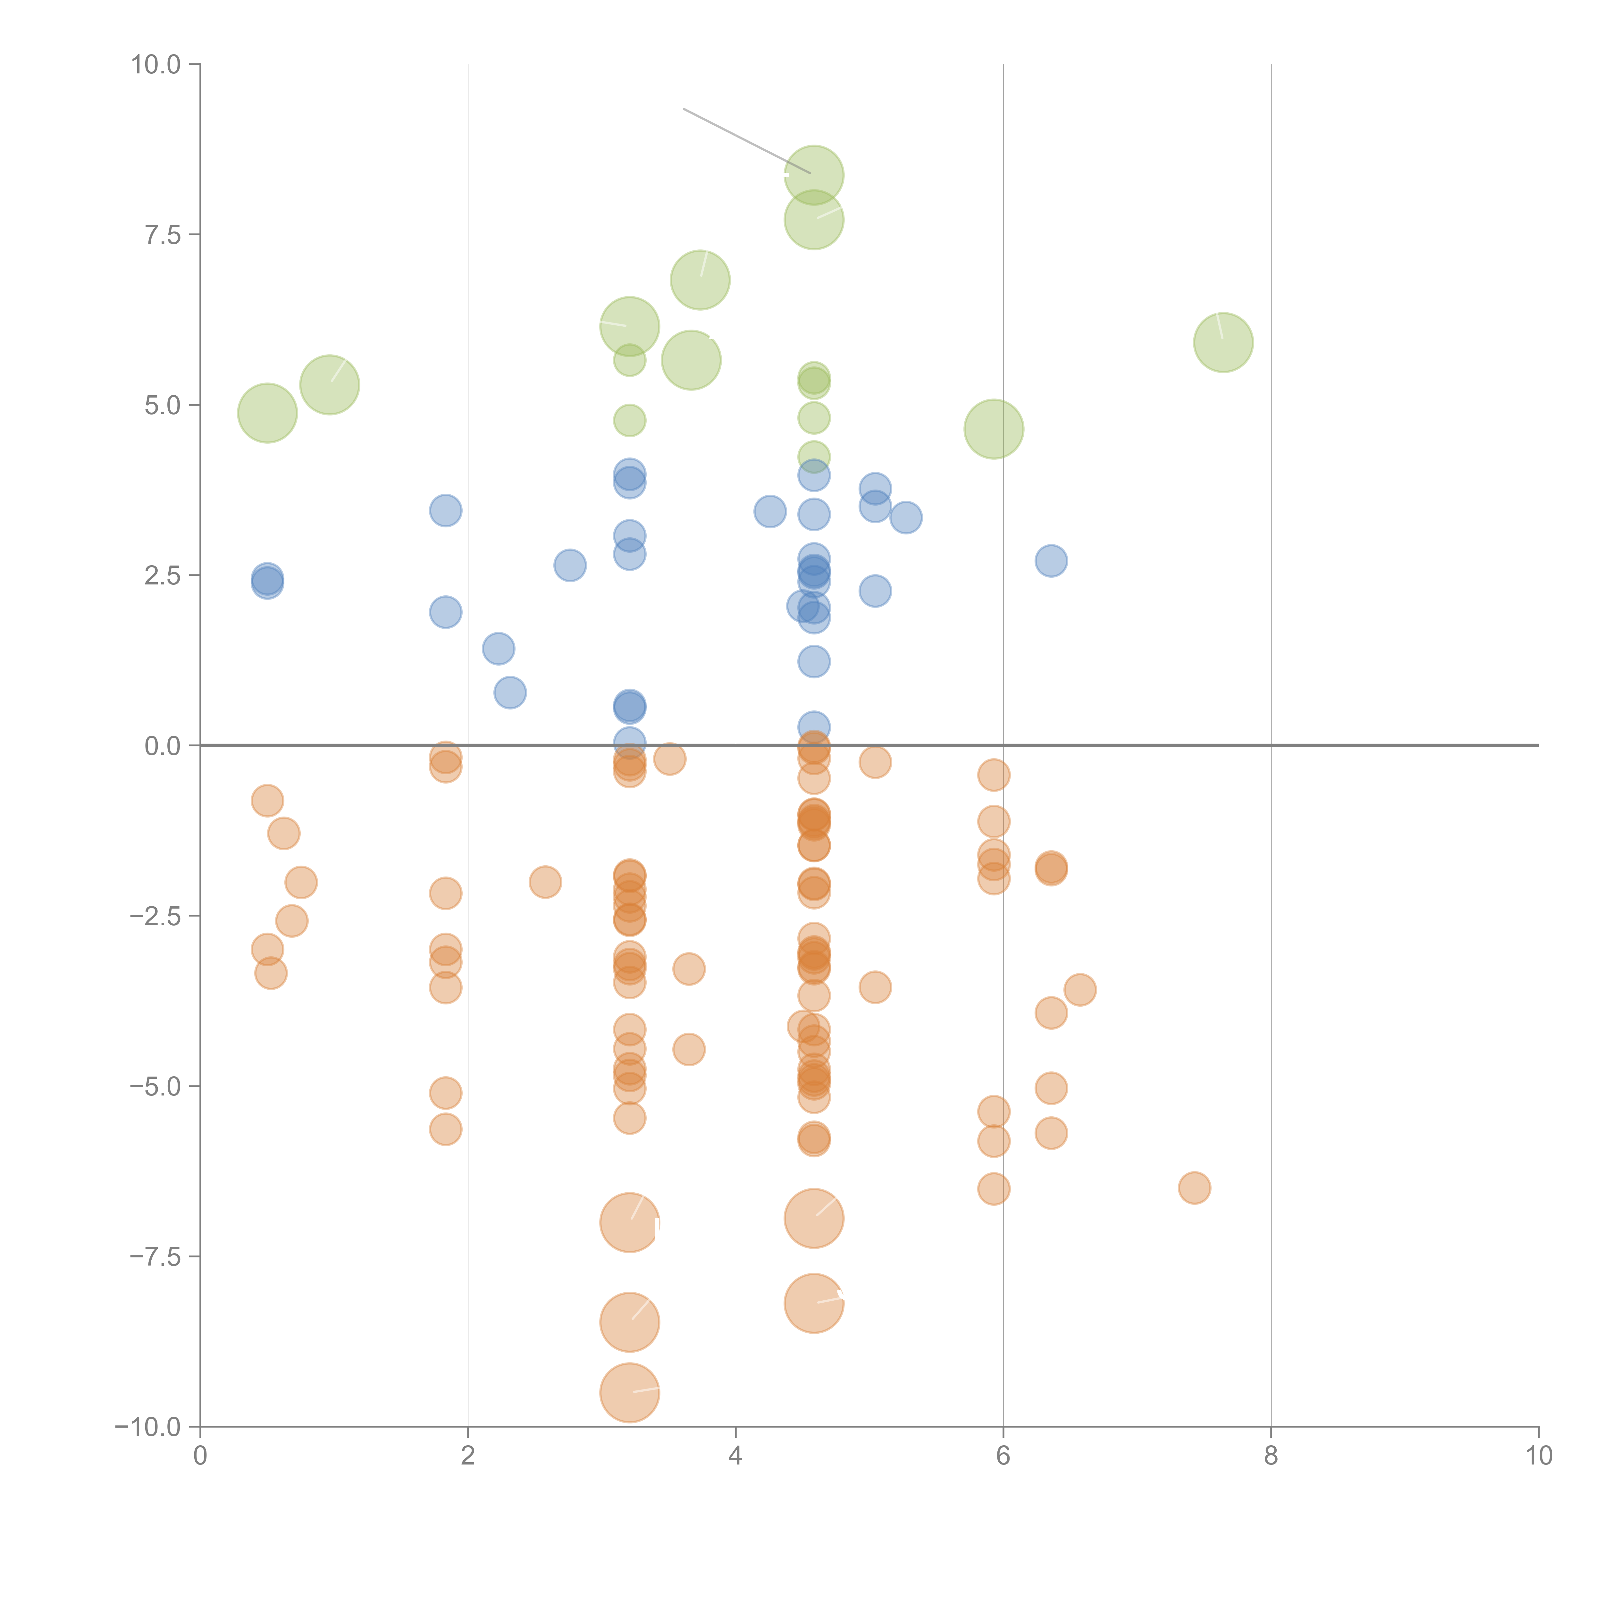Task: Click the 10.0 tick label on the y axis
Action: (x=156, y=65)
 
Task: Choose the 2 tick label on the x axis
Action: (x=468, y=1456)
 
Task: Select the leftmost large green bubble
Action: (x=267, y=413)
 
